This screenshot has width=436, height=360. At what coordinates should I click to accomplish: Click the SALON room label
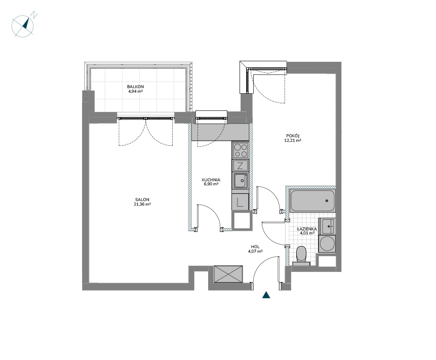(142, 199)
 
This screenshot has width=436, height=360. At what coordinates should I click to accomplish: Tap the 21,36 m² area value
(142, 204)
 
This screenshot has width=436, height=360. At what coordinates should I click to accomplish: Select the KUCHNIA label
(211, 180)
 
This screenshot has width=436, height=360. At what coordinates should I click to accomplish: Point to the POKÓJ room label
(293, 136)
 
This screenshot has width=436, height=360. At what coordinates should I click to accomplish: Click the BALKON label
(135, 87)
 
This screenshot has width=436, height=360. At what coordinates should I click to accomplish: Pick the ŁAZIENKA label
(307, 229)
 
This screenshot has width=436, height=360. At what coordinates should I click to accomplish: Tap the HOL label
(255, 247)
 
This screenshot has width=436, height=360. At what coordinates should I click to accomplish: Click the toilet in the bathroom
(301, 256)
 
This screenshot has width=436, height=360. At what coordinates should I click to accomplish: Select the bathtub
(312, 201)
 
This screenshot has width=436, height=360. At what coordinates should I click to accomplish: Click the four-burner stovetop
(240, 150)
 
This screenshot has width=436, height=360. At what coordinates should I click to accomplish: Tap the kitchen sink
(240, 181)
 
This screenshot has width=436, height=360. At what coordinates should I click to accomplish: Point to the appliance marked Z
(240, 166)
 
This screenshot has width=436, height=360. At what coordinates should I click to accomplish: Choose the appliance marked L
(240, 202)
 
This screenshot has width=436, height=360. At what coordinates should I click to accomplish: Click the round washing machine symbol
(327, 244)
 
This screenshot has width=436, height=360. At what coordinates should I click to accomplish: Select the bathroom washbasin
(328, 226)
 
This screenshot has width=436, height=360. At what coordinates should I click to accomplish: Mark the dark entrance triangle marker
(266, 295)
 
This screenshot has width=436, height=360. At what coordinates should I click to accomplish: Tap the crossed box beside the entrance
(228, 274)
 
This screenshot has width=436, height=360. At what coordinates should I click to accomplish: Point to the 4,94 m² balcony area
(135, 91)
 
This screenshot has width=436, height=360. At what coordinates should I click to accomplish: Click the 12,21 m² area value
(293, 140)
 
